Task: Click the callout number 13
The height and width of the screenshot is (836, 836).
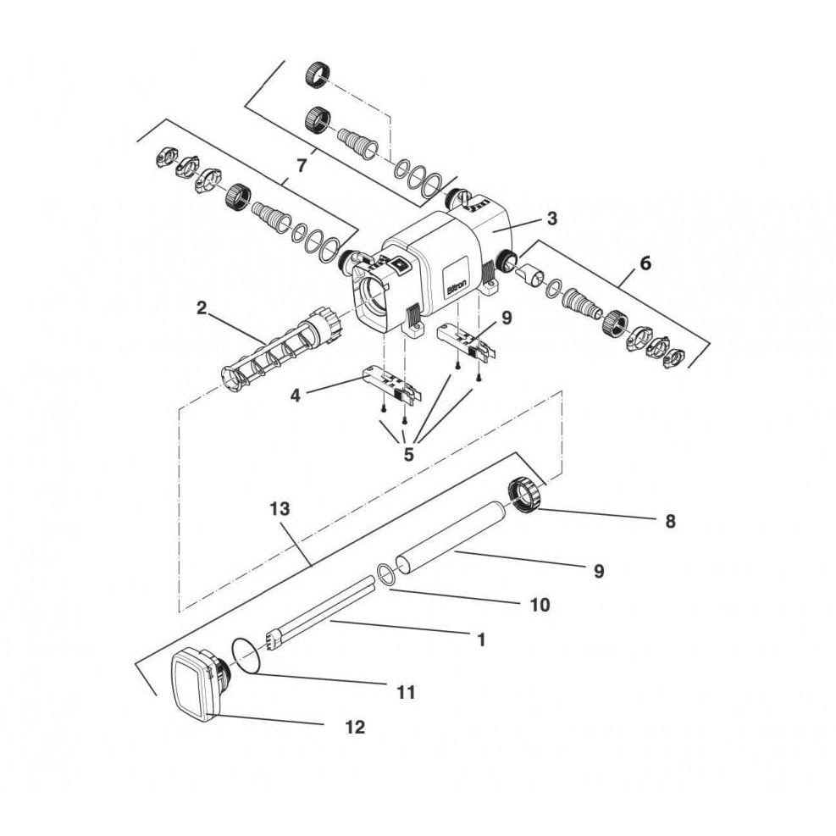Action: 280,509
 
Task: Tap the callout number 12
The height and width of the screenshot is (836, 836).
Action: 356,728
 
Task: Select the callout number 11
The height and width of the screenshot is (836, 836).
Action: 406,693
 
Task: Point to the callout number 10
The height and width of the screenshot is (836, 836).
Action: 540,605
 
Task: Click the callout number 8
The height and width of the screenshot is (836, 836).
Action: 671,521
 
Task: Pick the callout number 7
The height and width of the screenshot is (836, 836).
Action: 302,166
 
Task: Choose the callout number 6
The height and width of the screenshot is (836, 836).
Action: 645,263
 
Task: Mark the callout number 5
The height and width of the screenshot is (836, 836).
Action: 409,455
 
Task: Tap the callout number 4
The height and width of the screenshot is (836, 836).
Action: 296,396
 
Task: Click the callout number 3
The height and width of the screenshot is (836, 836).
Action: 552,218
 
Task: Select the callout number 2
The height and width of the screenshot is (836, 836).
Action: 201,307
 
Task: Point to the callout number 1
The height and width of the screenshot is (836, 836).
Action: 481,639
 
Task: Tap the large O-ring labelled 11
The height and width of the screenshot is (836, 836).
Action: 246,656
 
